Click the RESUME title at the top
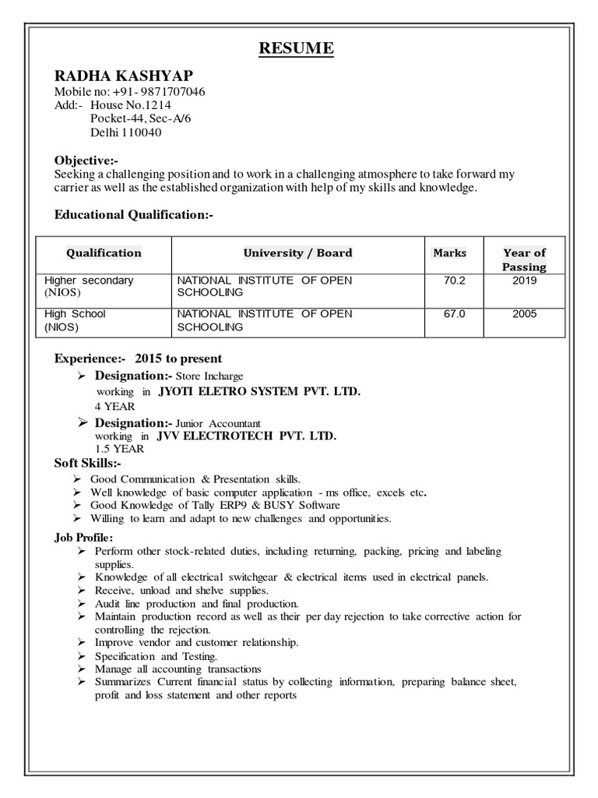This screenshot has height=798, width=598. click(x=296, y=49)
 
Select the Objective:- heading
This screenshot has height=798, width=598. click(x=86, y=160)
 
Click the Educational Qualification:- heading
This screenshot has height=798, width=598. click(x=133, y=214)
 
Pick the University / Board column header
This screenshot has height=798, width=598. click(x=297, y=252)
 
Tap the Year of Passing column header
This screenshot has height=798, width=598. click(x=524, y=260)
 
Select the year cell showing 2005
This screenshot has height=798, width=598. click(x=524, y=314)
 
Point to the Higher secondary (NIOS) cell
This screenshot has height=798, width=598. click(x=89, y=286)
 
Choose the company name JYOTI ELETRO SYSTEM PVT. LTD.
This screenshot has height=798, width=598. click(x=259, y=391)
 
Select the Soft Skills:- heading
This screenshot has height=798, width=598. click(x=88, y=463)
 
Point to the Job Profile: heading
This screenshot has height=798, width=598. click(x=83, y=538)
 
